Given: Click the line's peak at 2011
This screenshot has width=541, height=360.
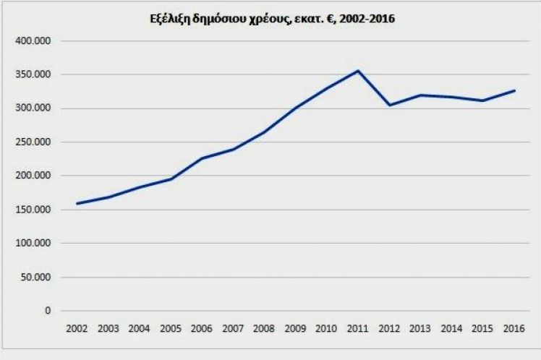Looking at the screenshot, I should [x=358, y=71].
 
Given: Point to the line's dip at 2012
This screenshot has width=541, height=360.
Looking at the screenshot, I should [x=389, y=105].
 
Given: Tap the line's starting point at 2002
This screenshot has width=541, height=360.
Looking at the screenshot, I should [x=77, y=203].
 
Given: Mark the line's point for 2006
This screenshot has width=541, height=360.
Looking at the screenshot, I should [x=202, y=158].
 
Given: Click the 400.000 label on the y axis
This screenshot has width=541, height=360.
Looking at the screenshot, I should [x=33, y=41].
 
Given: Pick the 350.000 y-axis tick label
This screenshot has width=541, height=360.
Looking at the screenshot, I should [x=33, y=74].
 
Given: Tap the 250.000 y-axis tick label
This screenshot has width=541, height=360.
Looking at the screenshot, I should [x=33, y=142].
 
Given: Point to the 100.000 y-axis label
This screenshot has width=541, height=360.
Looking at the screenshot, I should [x=33, y=244].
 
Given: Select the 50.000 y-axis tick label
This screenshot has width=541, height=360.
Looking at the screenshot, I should [x=35, y=278].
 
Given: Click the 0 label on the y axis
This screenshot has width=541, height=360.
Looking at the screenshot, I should [x=48, y=311].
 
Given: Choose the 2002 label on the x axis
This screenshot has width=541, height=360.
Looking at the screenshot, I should [x=77, y=329].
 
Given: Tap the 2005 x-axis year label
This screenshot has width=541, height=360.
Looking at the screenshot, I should [x=171, y=329].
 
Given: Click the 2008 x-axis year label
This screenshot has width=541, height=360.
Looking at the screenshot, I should [x=265, y=329].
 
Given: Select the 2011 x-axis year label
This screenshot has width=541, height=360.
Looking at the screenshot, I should [x=358, y=329].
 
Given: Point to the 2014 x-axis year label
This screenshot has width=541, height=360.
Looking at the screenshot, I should [x=451, y=329].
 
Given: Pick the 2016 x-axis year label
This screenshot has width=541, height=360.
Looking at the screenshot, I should [x=514, y=329].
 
